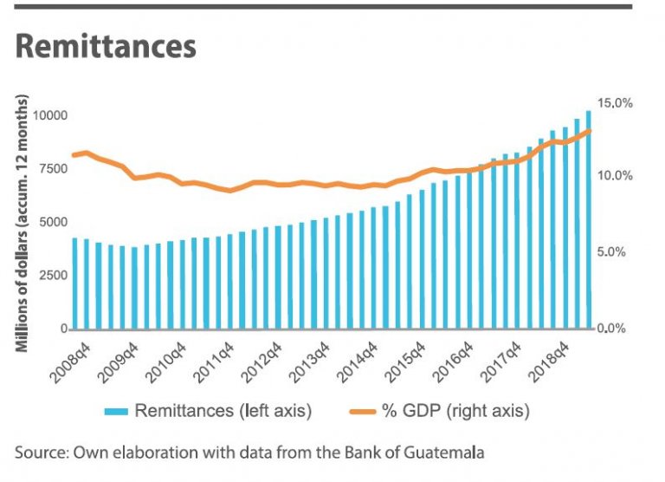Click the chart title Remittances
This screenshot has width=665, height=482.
click(106, 47)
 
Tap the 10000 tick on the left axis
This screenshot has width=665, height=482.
click(49, 115)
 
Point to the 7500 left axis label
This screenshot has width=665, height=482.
click(52, 168)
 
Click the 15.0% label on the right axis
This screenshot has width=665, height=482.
click(617, 103)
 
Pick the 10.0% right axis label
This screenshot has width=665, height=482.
click(617, 176)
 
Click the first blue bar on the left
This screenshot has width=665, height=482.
click(74, 283)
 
